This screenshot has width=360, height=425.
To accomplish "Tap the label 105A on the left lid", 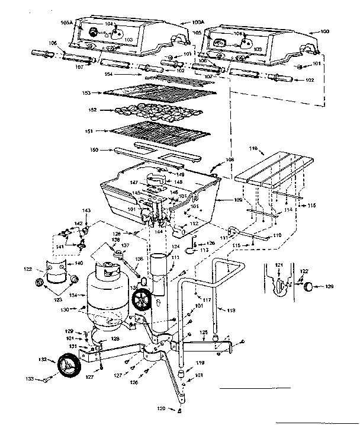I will [x=67, y=23].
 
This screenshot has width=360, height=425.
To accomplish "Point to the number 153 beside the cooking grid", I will [x=87, y=92].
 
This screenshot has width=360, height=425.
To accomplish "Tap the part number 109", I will [x=237, y=200].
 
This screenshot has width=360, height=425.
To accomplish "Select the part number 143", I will [x=86, y=211].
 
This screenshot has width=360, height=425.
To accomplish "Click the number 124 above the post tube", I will [x=176, y=247].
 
